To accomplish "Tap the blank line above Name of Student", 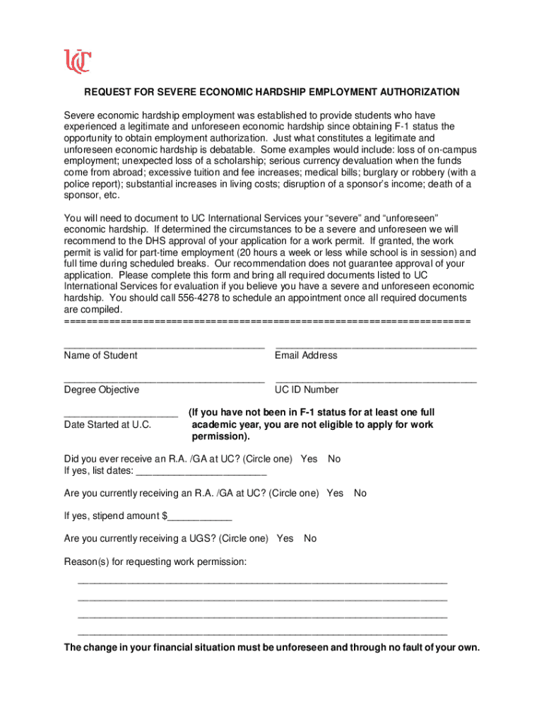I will point(164,346).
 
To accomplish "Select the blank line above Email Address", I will point(375,346).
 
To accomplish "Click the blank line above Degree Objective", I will point(164,380).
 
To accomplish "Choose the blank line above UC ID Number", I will point(375,380).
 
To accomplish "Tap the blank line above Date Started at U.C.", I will point(120,415).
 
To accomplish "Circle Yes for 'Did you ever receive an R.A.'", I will point(309,459).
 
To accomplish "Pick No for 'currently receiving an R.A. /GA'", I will point(360,493).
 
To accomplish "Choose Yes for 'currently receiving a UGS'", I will point(285,539).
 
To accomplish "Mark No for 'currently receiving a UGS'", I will point(310,539).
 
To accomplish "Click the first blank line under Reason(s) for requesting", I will point(261,581).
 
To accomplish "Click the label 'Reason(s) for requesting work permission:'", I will point(155,561).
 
